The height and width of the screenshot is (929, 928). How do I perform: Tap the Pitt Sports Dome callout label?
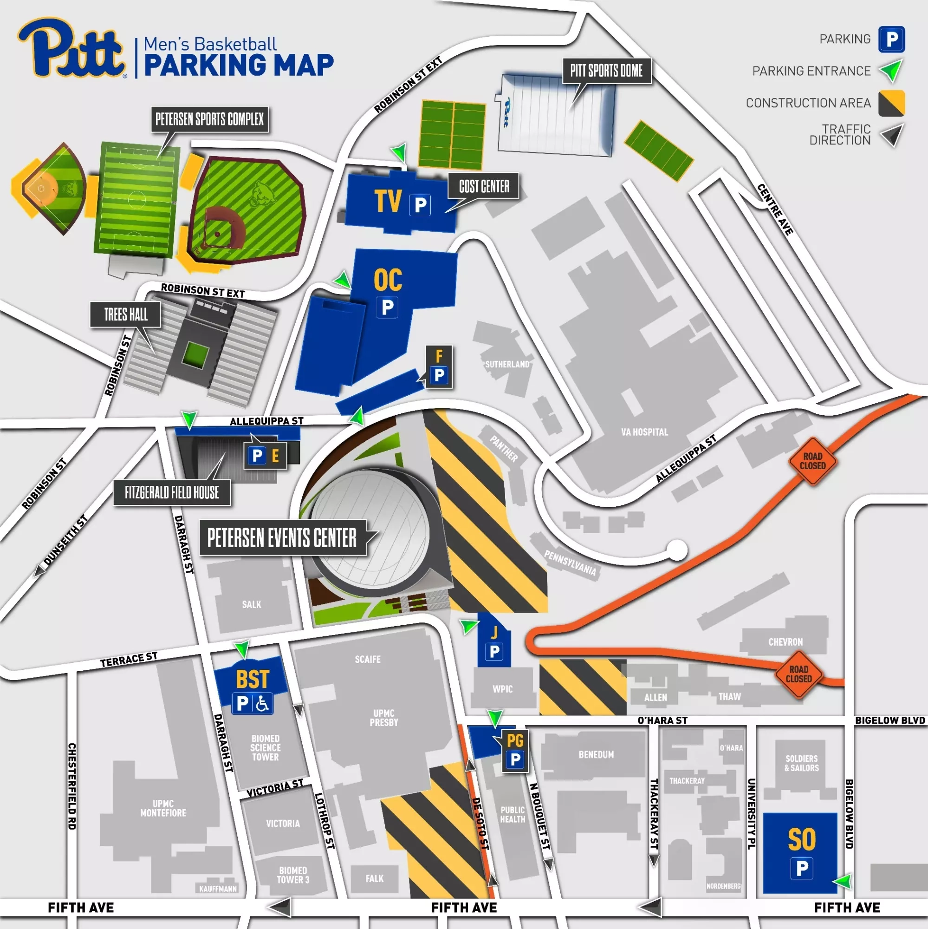tap(606, 71)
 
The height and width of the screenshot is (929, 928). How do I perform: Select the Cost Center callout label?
tap(483, 186)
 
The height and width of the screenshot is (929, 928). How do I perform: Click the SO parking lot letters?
tap(802, 839)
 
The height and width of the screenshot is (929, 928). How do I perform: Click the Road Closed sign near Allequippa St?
tap(813, 461)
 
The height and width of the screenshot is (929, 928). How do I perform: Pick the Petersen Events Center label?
tap(282, 537)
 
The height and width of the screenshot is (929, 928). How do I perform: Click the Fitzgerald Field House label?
tap(172, 492)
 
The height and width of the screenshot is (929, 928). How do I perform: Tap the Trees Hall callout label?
tap(126, 314)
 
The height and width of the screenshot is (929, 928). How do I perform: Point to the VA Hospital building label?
tap(644, 432)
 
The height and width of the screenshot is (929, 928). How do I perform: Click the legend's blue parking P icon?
tap(891, 39)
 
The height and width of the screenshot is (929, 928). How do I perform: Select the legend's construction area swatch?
tap(891, 103)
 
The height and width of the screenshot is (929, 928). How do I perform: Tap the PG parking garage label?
tap(515, 740)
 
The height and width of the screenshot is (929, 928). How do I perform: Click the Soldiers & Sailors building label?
tap(801, 763)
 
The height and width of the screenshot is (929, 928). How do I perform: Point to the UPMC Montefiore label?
tap(163, 808)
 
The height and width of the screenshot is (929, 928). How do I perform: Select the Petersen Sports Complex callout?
tap(209, 119)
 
